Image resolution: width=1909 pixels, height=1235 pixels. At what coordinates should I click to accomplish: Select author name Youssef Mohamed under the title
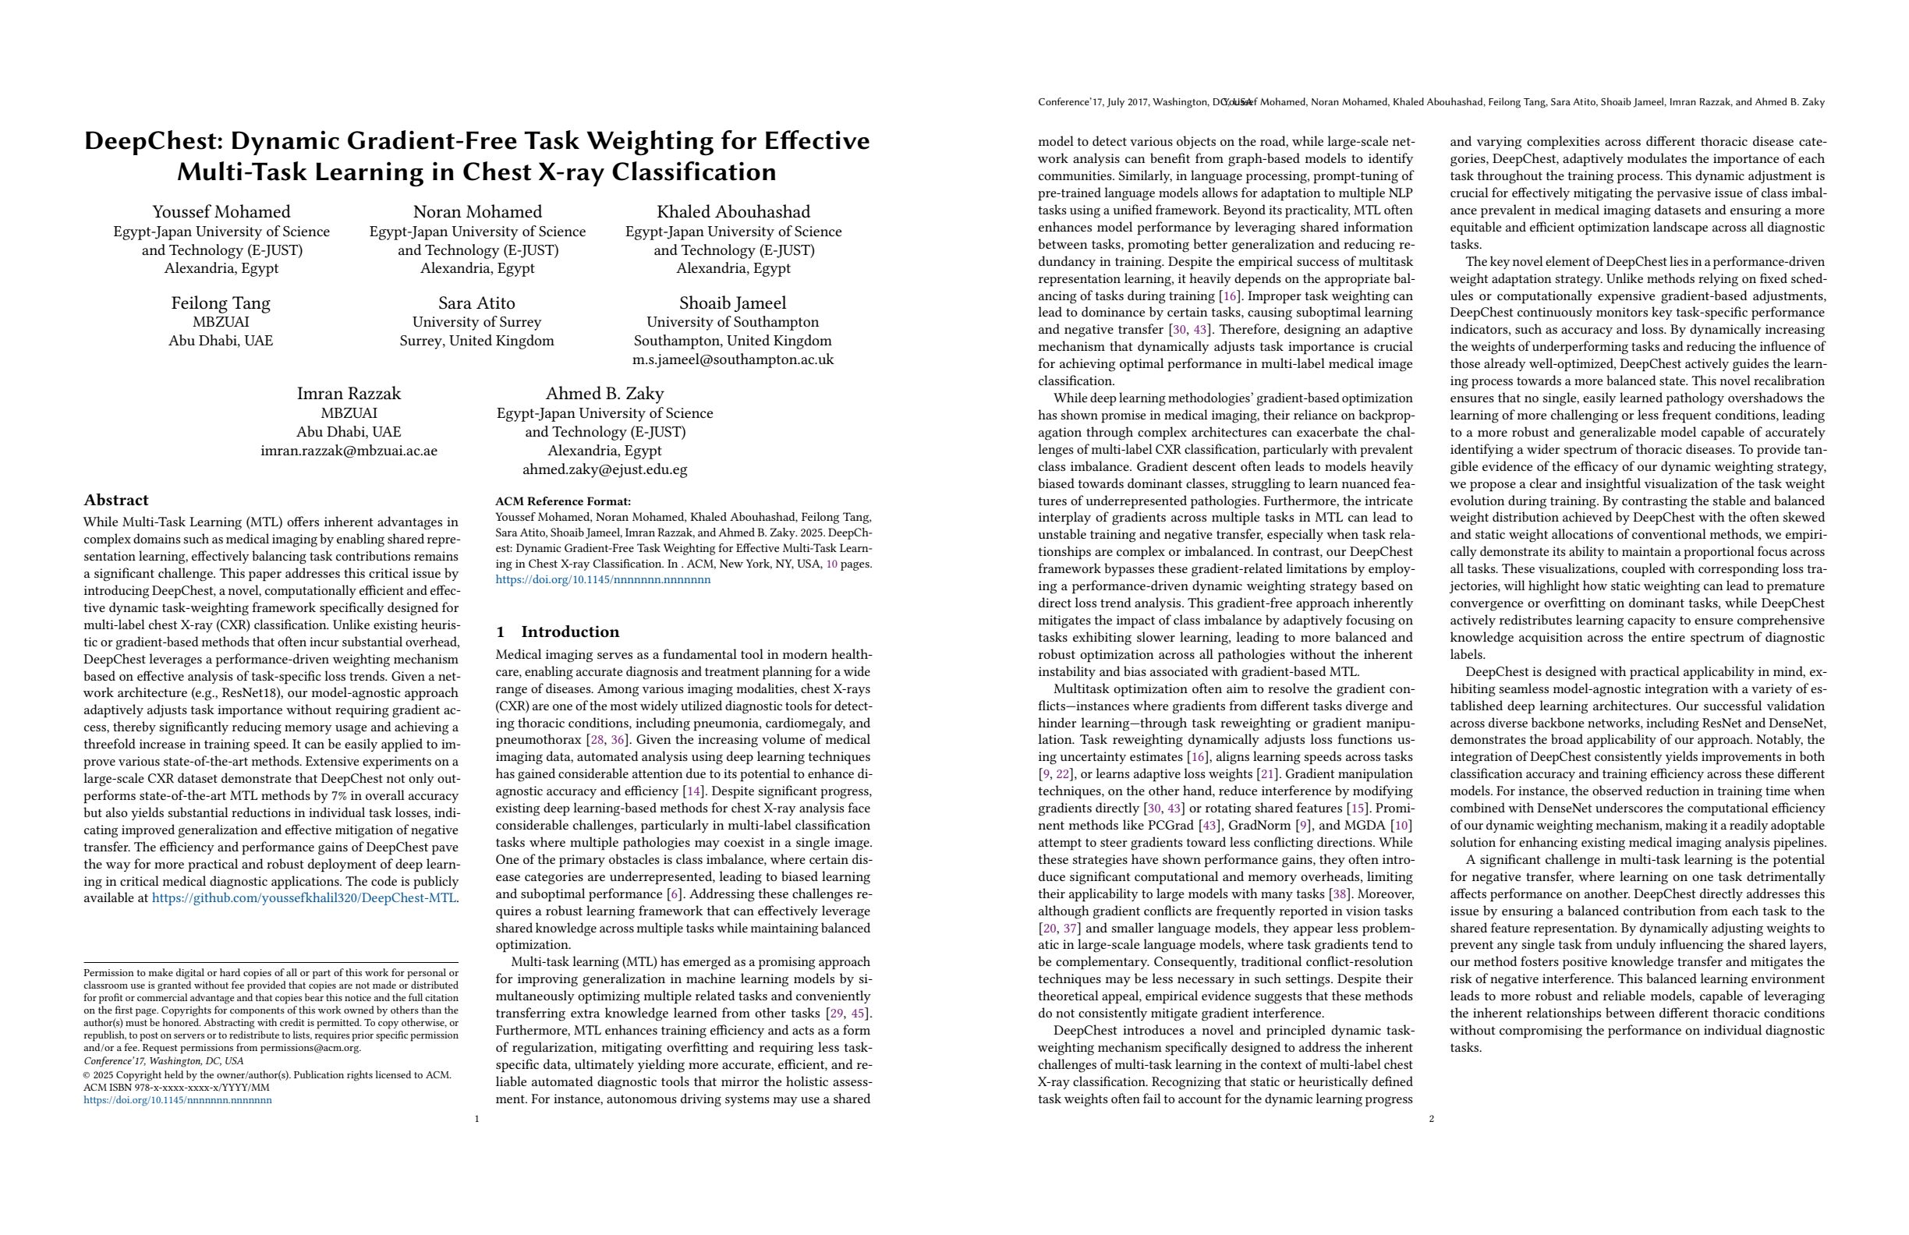pyautogui.click(x=221, y=212)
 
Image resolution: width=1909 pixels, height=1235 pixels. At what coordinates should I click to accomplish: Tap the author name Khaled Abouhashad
pyautogui.click(x=733, y=212)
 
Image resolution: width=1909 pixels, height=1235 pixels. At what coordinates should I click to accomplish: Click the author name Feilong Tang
pyautogui.click(x=221, y=303)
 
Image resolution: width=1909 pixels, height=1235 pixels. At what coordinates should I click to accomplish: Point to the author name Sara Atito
pyautogui.click(x=476, y=303)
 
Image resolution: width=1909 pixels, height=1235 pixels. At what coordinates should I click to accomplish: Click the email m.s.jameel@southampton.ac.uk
pyautogui.click(x=732, y=359)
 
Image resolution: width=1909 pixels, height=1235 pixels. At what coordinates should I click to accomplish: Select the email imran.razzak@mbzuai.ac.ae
pyautogui.click(x=349, y=451)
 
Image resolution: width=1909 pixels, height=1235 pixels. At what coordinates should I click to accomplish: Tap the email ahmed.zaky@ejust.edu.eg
pyautogui.click(x=605, y=469)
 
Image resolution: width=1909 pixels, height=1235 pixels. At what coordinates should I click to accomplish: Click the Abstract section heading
pyautogui.click(x=116, y=501)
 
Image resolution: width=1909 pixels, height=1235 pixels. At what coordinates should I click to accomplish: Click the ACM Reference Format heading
pyautogui.click(x=563, y=501)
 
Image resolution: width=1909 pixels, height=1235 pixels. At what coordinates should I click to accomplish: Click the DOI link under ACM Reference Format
pyautogui.click(x=603, y=580)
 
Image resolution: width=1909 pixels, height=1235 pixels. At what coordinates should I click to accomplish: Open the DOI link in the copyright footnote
pyautogui.click(x=178, y=1100)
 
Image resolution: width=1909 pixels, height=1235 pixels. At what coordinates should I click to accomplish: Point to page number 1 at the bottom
pyautogui.click(x=477, y=1119)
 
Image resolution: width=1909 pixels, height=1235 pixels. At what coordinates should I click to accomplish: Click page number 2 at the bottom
pyautogui.click(x=1432, y=1119)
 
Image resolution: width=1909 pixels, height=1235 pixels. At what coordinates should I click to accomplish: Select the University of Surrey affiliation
pyautogui.click(x=476, y=322)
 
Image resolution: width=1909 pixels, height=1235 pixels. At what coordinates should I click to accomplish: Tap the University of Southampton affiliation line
pyautogui.click(x=732, y=322)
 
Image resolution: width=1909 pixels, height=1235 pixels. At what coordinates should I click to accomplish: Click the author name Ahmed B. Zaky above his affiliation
pyautogui.click(x=605, y=394)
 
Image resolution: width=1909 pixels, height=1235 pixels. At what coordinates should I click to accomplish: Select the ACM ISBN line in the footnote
pyautogui.click(x=176, y=1088)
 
